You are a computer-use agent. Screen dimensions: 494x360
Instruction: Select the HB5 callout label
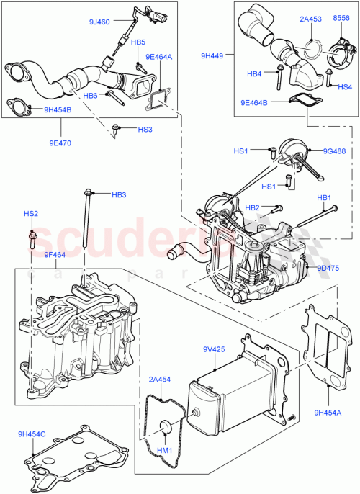click(x=137, y=43)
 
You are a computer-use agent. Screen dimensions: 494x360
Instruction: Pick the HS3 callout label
click(x=145, y=130)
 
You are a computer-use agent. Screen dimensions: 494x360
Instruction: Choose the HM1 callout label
click(x=164, y=450)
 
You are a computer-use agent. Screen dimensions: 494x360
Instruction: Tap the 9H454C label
click(x=34, y=434)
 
